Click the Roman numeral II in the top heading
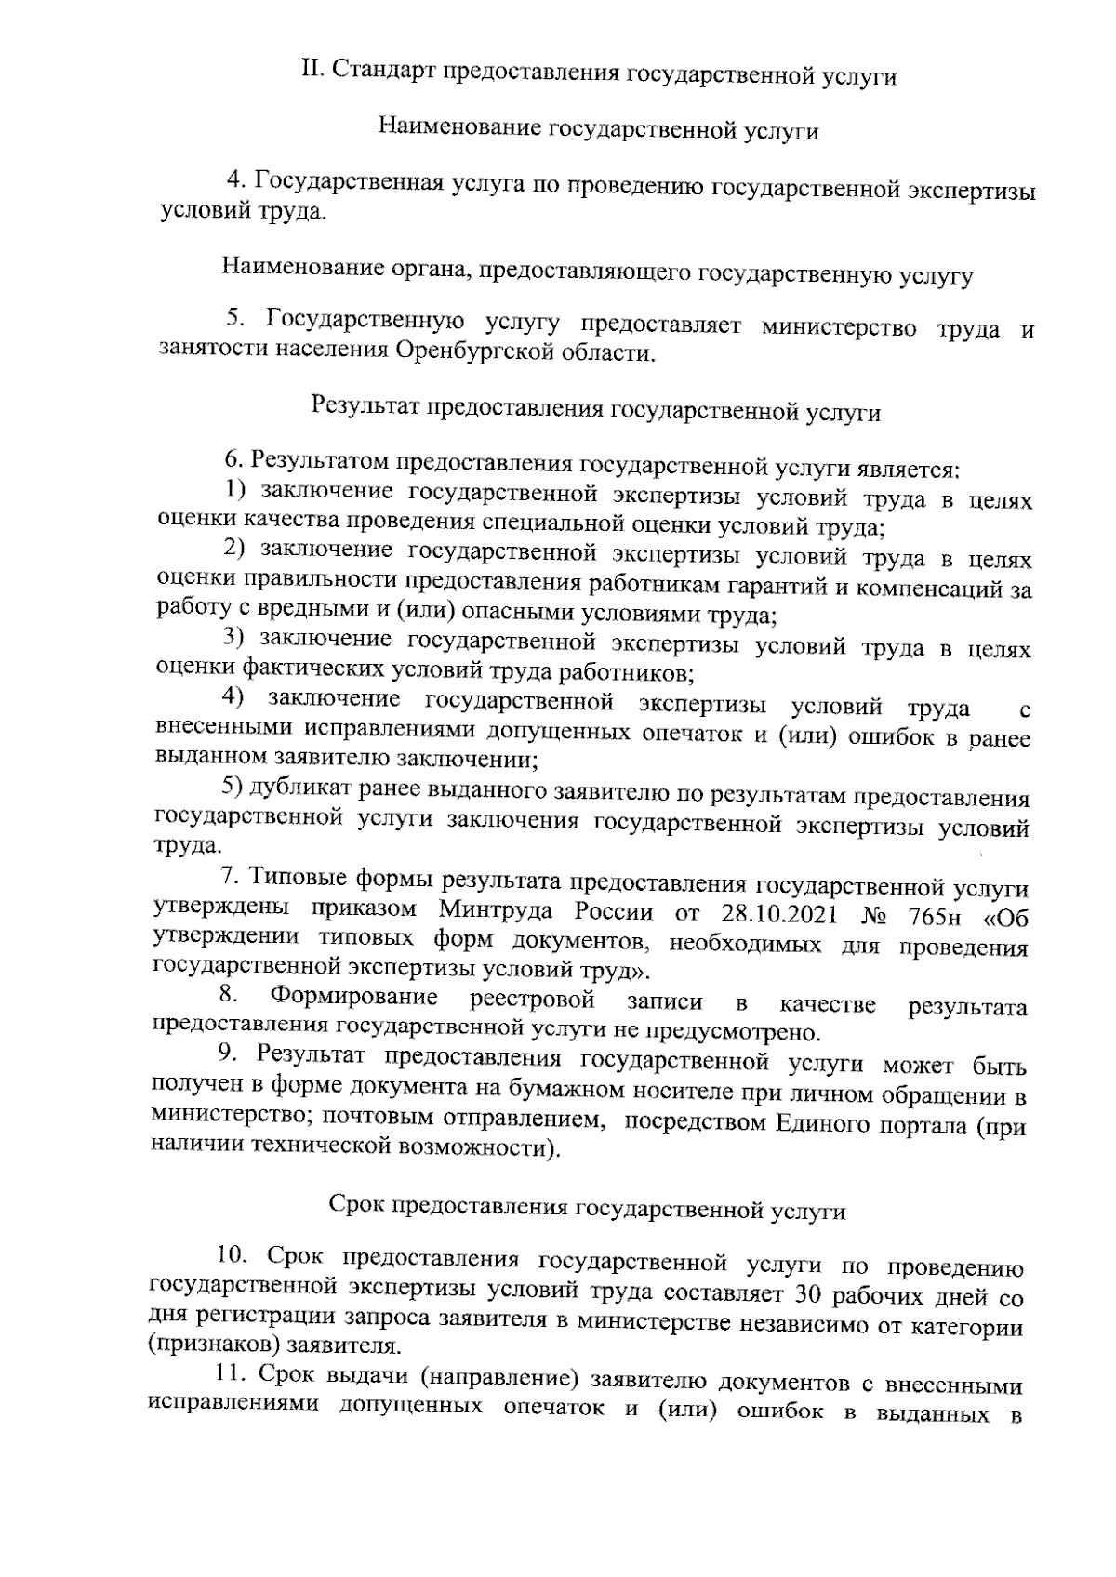coord(312,72)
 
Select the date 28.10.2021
coord(778,911)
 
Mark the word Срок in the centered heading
coord(357,1207)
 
